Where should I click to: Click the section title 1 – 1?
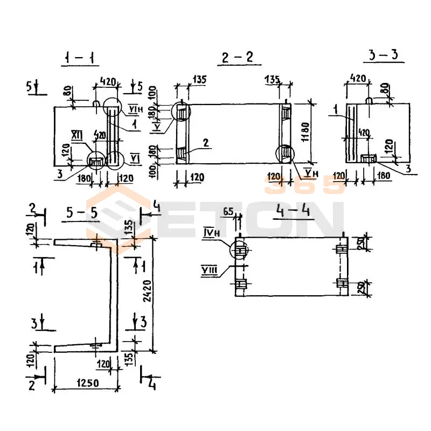pyautogui.click(x=79, y=58)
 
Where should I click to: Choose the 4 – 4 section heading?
pyautogui.click(x=290, y=211)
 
